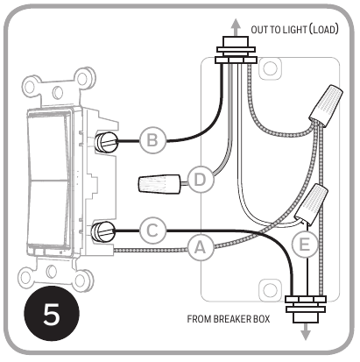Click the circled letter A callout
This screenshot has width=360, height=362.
click(x=201, y=250)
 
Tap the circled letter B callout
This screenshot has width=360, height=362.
click(x=152, y=138)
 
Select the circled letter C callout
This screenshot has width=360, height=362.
click(x=152, y=231)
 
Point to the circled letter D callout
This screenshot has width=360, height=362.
click(x=200, y=181)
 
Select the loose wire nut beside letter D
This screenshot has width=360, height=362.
click(x=159, y=185)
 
